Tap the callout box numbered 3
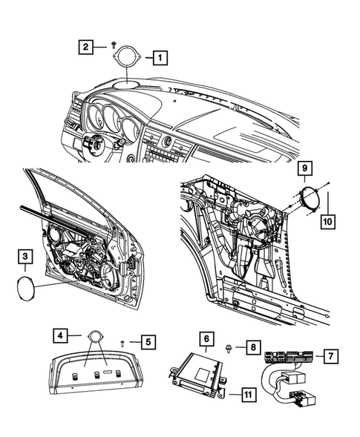(25, 257)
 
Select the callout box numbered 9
(304, 171)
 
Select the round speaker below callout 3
(25, 286)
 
